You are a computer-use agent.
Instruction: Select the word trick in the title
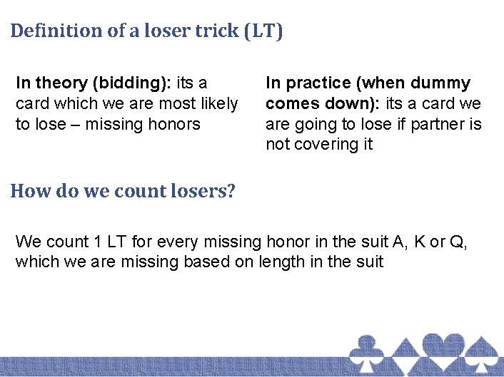(x=211, y=31)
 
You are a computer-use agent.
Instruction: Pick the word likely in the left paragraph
(x=218, y=104)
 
